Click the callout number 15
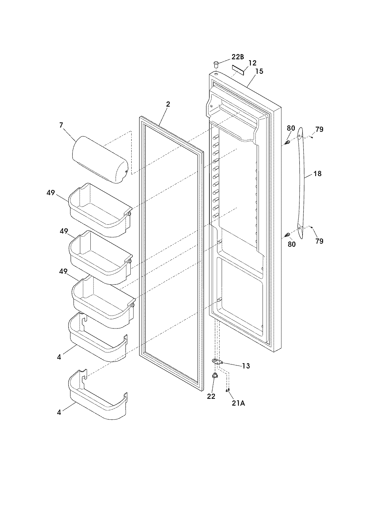click(x=259, y=71)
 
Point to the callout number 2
click(x=168, y=104)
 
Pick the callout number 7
click(x=61, y=125)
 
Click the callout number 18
click(x=317, y=174)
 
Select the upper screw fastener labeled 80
click(x=288, y=143)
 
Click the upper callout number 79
click(x=319, y=129)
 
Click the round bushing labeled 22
click(x=215, y=375)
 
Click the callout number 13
click(x=246, y=366)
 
